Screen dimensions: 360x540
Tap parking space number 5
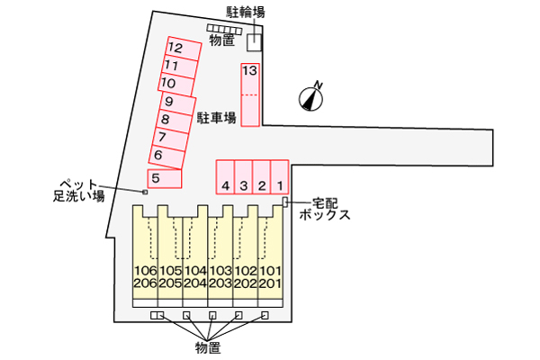pyautogui.click(x=164, y=178)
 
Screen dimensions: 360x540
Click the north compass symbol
pyautogui.click(x=311, y=95)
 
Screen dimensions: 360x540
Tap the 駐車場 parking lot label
pyautogui.click(x=217, y=118)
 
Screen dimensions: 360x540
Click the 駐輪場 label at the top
pyautogui.click(x=246, y=12)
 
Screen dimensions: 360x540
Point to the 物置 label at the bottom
pyautogui.click(x=208, y=346)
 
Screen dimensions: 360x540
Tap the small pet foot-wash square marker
pyautogui.click(x=144, y=191)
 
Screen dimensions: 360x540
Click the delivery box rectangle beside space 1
pyautogui.click(x=285, y=202)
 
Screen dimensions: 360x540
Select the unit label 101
pyautogui.click(x=273, y=270)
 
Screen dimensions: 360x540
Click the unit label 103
pyautogui.click(x=221, y=270)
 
